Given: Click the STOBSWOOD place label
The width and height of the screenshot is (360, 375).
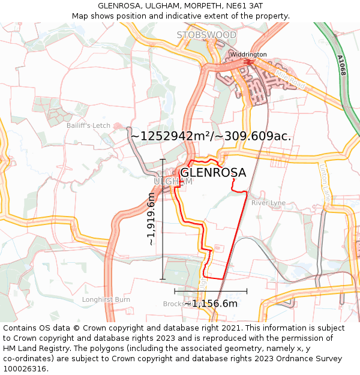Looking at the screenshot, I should tap(206, 35).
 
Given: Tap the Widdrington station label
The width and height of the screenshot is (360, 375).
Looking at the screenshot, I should tap(248, 55).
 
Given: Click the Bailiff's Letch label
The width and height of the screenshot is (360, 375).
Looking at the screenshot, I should tap(88, 125).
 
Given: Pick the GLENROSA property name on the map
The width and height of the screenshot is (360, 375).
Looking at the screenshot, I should tap(213, 173).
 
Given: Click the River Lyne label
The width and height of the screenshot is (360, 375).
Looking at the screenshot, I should tap(268, 203).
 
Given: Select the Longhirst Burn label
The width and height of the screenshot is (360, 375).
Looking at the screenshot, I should tap(106, 299).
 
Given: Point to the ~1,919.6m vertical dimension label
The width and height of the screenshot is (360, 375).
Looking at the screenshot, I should tap(151, 220).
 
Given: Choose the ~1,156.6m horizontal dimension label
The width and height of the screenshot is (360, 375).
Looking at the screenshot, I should tap(211, 304).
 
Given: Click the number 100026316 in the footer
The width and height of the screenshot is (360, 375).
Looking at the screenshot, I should tap(26, 369).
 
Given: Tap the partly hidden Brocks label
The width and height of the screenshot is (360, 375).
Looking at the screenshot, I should tap(173, 304).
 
